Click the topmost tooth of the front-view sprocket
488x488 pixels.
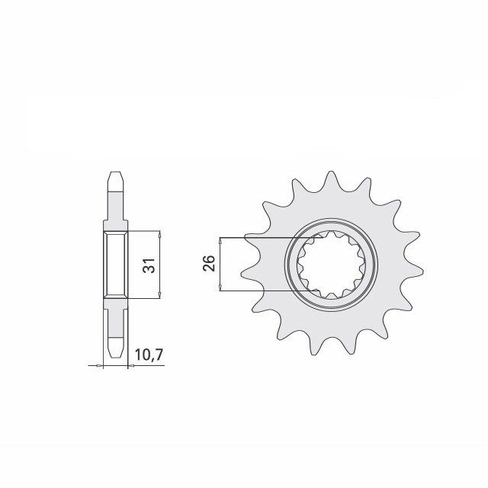(330, 179)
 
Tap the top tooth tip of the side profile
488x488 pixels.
(114, 174)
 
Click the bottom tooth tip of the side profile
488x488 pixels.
(114, 353)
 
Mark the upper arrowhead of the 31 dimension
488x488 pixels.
(159, 233)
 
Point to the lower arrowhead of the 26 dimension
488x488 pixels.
(220, 287)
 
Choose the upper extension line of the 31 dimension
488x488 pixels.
(145, 230)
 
